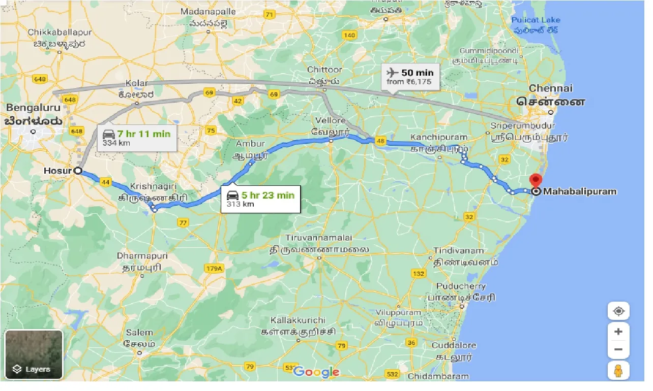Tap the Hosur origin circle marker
78,171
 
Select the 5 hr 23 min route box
260,199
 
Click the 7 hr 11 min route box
137,138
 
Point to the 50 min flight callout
410,77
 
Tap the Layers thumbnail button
34,354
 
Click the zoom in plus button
618,332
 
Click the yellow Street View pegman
618,371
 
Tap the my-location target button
618,311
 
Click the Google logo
316,372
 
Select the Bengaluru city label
34,108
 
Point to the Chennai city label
551,88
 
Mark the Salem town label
139,333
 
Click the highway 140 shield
349,35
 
